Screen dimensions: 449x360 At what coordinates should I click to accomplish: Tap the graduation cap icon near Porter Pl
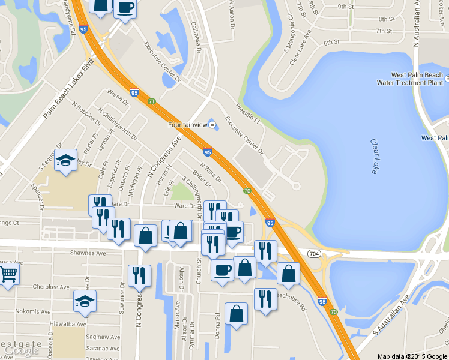pos(65,160)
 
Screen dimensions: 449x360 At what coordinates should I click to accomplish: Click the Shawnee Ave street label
pos(88,253)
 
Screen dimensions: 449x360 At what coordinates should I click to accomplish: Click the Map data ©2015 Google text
pos(412,356)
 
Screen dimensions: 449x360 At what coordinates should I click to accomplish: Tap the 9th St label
pos(345,7)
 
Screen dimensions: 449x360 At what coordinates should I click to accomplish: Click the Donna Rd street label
pos(217,324)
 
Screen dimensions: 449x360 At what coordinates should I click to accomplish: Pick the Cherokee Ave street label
pos(49,287)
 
